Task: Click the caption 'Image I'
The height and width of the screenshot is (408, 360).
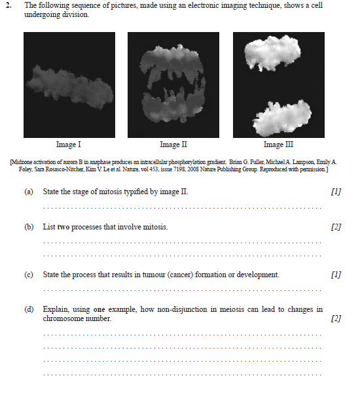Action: [69, 144]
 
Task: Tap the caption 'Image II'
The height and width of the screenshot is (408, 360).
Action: [173, 144]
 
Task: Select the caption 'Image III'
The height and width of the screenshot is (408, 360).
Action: [278, 144]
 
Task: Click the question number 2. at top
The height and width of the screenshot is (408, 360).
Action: [9, 5]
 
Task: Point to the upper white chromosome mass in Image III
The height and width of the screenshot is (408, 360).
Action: [272, 53]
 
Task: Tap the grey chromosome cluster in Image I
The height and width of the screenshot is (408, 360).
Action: [70, 87]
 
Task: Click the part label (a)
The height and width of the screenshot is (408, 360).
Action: [29, 192]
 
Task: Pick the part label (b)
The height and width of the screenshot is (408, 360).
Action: [29, 227]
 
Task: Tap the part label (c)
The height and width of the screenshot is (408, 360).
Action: [29, 275]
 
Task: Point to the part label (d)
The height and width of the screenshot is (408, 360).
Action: [29, 309]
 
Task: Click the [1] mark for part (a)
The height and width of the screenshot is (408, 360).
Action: [336, 192]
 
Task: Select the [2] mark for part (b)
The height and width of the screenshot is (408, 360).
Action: [336, 227]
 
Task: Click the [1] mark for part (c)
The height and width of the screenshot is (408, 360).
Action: [336, 275]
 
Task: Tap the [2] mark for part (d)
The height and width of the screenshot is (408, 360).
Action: [336, 318]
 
